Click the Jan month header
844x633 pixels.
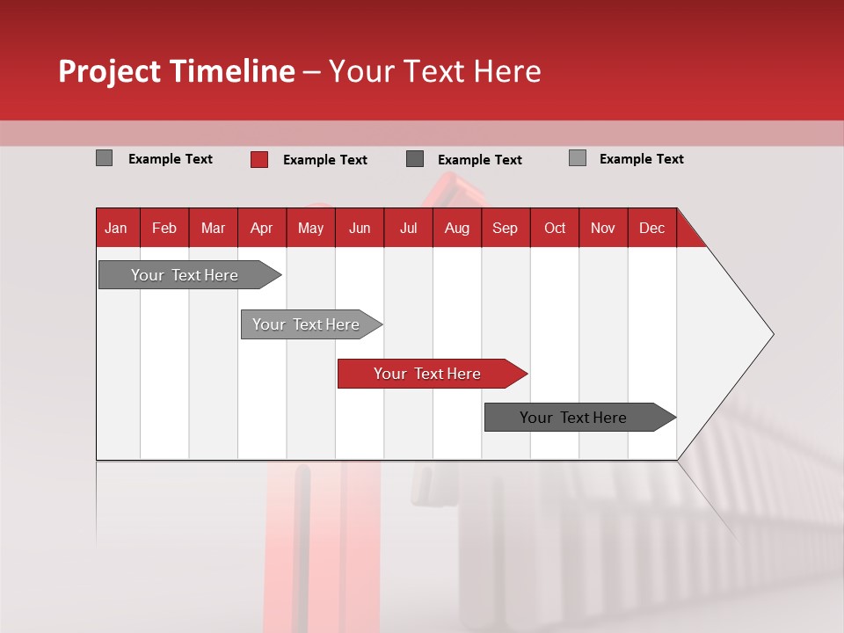(x=116, y=228)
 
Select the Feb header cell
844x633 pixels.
(x=164, y=228)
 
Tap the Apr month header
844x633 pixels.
(x=261, y=228)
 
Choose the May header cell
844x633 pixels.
(x=310, y=228)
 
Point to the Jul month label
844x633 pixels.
(x=408, y=228)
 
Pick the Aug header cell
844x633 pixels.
(x=456, y=228)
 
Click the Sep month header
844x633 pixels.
(x=505, y=228)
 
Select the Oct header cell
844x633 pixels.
(x=555, y=228)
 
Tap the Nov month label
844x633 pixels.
(x=603, y=228)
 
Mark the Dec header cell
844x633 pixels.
(x=651, y=228)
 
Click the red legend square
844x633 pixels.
(x=258, y=159)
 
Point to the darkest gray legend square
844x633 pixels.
(x=415, y=159)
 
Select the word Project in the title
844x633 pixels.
(x=109, y=71)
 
